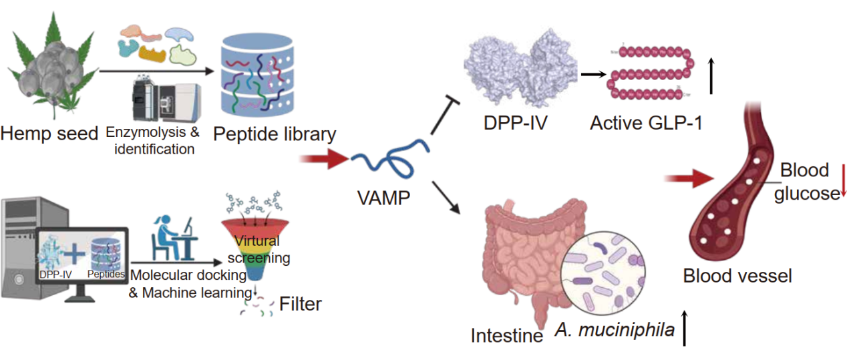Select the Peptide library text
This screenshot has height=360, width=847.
pos(274,134)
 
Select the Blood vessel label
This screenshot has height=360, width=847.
pos(737,275)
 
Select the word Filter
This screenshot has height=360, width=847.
pos(301,305)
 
